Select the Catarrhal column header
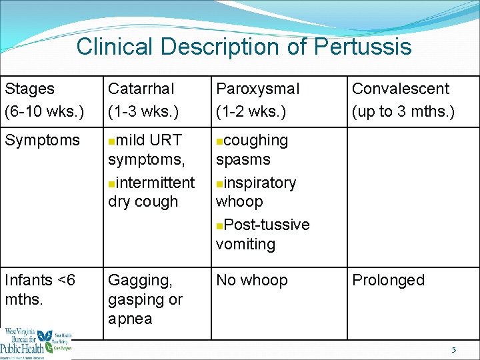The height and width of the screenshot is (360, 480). coord(141,89)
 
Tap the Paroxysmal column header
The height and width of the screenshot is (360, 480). coord(257,89)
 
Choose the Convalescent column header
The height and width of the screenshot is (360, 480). coord(401,89)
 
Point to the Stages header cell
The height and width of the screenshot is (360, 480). coord(29,89)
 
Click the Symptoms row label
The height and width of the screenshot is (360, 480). coord(41,141)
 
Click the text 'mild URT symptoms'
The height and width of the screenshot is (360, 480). coord(145,150)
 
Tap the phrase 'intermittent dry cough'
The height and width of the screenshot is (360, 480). coord(151,192)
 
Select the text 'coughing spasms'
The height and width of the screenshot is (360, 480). coord(251,150)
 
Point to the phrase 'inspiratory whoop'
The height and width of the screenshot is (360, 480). coord(255,192)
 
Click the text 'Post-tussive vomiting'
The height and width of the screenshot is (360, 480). coord(262,234)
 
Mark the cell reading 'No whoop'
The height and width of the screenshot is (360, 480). coord(251,280)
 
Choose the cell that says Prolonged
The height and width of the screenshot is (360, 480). coord(388,280)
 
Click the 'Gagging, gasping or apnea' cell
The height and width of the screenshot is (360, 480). coord(145,299)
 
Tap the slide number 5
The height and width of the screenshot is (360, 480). coord(454,350)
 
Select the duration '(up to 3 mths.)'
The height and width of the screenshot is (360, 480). coord(403,111)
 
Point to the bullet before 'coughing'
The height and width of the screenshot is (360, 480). coord(219,141)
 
